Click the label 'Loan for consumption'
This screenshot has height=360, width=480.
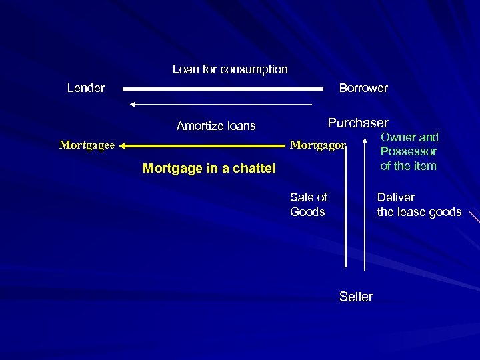230,69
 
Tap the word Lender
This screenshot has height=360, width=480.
86,88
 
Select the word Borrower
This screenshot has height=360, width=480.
363,88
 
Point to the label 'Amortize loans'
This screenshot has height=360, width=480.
216,126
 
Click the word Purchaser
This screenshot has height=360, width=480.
358,123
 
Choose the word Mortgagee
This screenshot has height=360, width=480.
87,145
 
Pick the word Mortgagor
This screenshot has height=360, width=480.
318,145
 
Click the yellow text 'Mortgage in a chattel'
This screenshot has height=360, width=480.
209,169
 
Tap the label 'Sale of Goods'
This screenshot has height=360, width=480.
309,205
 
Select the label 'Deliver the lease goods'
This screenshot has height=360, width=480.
419,205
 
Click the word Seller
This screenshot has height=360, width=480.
356,297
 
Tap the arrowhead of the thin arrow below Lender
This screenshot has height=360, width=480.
133,104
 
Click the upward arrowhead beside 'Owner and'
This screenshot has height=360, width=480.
365,142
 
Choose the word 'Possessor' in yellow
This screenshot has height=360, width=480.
409,151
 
